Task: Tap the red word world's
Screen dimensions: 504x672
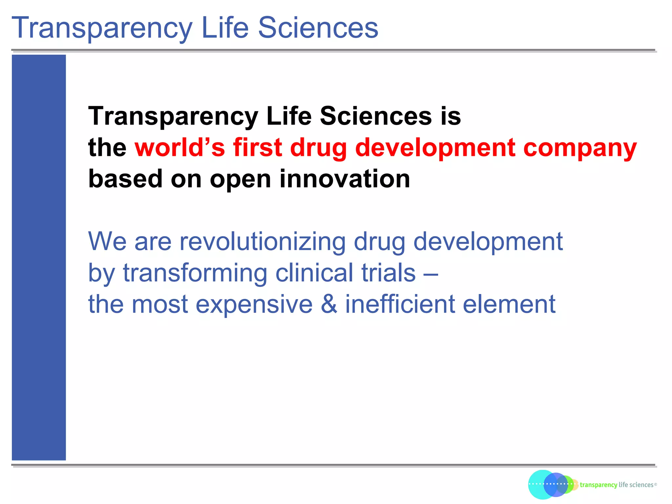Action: [x=180, y=147]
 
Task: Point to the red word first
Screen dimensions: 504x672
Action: [x=257, y=147]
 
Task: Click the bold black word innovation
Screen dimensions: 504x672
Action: [x=345, y=179]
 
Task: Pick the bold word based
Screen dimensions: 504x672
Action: [x=125, y=179]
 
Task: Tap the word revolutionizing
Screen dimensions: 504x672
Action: [x=262, y=241]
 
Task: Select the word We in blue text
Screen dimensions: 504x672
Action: [x=107, y=241]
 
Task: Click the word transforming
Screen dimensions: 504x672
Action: [x=195, y=273]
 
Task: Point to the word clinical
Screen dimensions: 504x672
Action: [x=314, y=273]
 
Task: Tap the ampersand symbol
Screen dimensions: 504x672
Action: [x=329, y=304]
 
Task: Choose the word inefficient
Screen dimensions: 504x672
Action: [x=400, y=304]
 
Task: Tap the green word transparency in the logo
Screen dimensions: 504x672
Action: [x=598, y=485]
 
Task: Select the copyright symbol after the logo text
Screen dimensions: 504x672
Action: [x=656, y=484]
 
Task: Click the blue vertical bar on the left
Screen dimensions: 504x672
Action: [x=39, y=257]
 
